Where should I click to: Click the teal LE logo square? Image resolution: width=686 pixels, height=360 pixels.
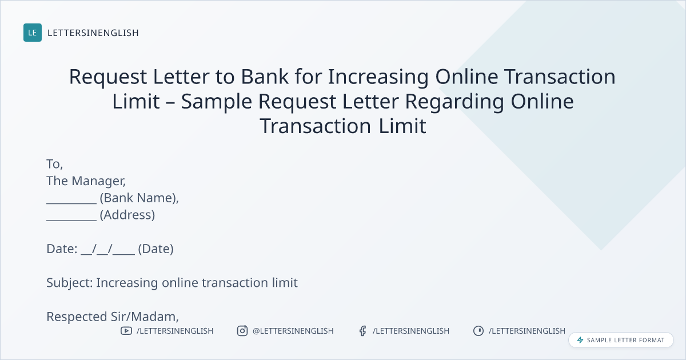click(x=33, y=33)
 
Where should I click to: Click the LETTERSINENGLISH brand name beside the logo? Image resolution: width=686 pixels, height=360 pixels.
click(x=93, y=33)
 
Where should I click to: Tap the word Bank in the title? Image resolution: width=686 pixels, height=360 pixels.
click(x=265, y=77)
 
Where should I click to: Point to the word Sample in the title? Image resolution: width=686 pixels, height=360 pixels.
click(x=217, y=102)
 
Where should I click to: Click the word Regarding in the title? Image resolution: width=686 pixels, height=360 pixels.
click(x=454, y=102)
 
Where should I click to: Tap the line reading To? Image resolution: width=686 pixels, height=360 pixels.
click(x=54, y=164)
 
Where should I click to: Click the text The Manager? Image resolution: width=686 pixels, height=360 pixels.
click(x=86, y=181)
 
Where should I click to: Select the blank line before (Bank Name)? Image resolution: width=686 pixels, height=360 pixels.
click(x=71, y=203)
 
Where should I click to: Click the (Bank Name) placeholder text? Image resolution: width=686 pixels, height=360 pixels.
click(x=139, y=198)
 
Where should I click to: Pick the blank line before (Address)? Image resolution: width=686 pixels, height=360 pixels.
click(x=71, y=220)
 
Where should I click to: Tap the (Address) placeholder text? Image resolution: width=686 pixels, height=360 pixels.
click(x=127, y=215)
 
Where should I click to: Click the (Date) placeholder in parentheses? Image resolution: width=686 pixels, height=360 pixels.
click(x=155, y=249)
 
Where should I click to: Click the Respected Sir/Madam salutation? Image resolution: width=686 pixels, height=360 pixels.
click(x=113, y=317)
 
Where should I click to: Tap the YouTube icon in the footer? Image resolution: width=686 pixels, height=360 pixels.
click(x=126, y=331)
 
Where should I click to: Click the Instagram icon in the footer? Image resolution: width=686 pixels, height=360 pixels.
click(x=242, y=331)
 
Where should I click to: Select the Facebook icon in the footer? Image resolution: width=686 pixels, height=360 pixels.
click(x=362, y=331)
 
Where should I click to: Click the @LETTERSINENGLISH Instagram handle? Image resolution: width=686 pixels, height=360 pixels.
click(x=293, y=331)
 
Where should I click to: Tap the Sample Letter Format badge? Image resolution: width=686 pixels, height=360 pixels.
click(x=621, y=340)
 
